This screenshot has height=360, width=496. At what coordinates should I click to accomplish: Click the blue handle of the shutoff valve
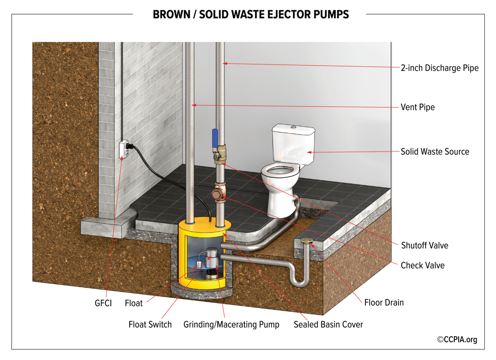[x=215, y=137]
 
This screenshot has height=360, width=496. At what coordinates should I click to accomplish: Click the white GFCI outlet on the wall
[x=124, y=149]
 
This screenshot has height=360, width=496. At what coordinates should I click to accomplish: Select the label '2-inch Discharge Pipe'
[x=439, y=68]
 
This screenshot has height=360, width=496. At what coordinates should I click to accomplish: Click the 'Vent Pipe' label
[x=418, y=107]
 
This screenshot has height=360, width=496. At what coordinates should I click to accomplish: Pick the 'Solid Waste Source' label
[x=435, y=152]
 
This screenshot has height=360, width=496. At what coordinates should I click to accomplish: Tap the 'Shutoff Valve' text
[x=424, y=246]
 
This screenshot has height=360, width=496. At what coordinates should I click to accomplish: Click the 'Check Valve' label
[x=422, y=266]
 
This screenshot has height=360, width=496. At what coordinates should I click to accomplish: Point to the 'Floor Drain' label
[x=384, y=303]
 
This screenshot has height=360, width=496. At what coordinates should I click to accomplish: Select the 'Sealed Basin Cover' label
[x=328, y=324]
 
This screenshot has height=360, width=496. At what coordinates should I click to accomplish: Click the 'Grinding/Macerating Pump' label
[x=231, y=324]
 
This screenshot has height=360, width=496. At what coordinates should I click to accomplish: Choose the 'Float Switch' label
[x=150, y=324]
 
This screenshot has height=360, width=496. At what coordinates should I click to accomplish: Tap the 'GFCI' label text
[x=103, y=303]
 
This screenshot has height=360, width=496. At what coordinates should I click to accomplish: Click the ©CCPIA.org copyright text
[x=457, y=340]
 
